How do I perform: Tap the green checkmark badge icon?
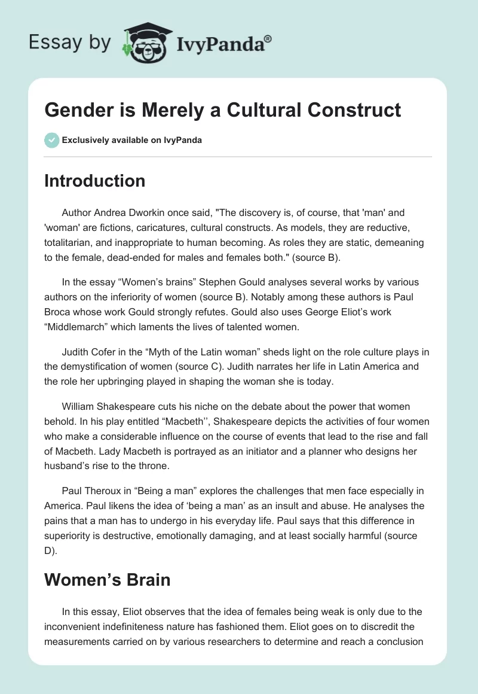pyautogui.click(x=51, y=140)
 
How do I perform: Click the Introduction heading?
pyautogui.click(x=94, y=181)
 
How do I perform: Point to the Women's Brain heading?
pyautogui.click(x=108, y=579)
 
